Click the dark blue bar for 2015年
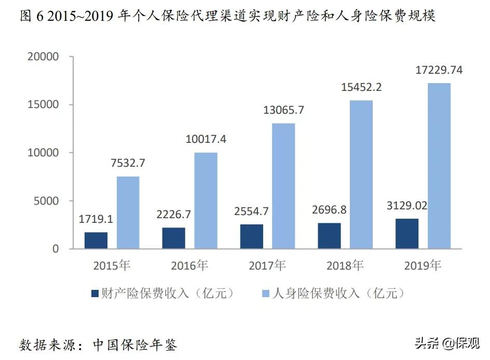click(x=96, y=241)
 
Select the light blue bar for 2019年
click(x=439, y=166)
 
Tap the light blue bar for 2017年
click(x=283, y=186)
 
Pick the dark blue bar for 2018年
click(x=329, y=236)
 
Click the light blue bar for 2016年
click(x=206, y=201)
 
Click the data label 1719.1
click(x=96, y=219)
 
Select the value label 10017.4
click(x=206, y=139)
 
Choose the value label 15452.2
click(x=361, y=87)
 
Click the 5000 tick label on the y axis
click(x=48, y=201)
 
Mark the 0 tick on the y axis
click(x=56, y=249)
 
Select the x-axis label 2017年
click(x=267, y=266)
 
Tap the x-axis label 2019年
click(x=423, y=266)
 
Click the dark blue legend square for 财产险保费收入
click(x=95, y=294)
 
